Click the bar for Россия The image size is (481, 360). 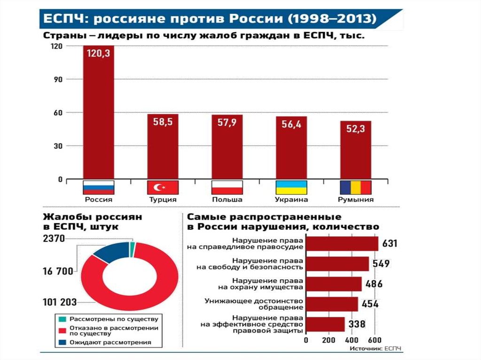pyautogui.click(x=99, y=113)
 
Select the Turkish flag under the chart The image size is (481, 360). pyautogui.click(x=163, y=187)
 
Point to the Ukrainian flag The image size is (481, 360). pyautogui.click(x=291, y=187)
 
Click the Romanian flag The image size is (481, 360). pyautogui.click(x=356, y=187)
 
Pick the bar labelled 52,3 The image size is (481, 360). pyautogui.click(x=356, y=150)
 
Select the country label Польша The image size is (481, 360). pyautogui.click(x=227, y=199)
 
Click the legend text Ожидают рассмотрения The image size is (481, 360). pyautogui.click(x=110, y=343)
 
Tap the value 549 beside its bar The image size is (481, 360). pyautogui.click(x=381, y=264)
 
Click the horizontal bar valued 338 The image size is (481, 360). pyautogui.click(x=325, y=324)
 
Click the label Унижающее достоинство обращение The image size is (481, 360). pyautogui.click(x=254, y=304)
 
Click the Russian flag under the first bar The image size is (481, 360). pyautogui.click(x=99, y=187)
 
